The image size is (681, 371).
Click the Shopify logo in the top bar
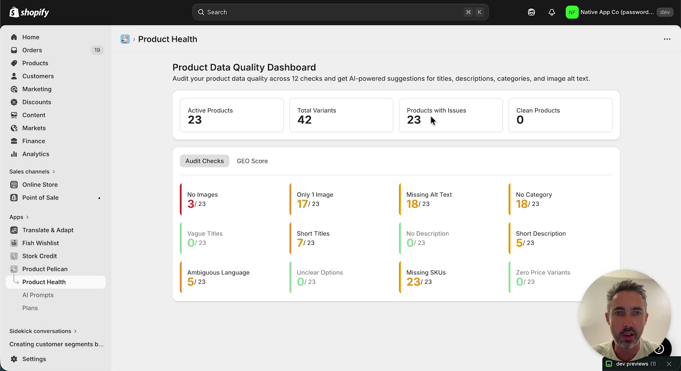pos(29,13)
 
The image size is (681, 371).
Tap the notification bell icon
pos(551,13)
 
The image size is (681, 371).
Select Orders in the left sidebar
pos(32,50)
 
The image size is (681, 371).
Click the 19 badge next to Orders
pos(97,50)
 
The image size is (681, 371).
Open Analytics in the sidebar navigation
pos(36,154)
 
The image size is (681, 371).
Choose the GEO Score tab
pos(252,161)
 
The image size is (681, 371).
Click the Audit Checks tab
pos(204,161)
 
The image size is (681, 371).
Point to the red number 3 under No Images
pos(190,204)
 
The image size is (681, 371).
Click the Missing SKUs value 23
pos(413,282)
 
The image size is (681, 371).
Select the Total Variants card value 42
pos(304,120)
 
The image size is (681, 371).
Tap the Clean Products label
pos(538,110)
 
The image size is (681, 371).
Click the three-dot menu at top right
pos(667,39)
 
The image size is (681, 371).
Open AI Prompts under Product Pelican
pos(38,295)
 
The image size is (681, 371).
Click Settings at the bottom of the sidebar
pos(34,359)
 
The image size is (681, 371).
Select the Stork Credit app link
pos(39,256)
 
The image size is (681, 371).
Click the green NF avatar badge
pos(572,13)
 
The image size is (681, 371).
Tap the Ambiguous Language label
pos(218,273)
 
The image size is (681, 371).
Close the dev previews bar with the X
pos(668,364)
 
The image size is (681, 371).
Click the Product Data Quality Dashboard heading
pos(244,67)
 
